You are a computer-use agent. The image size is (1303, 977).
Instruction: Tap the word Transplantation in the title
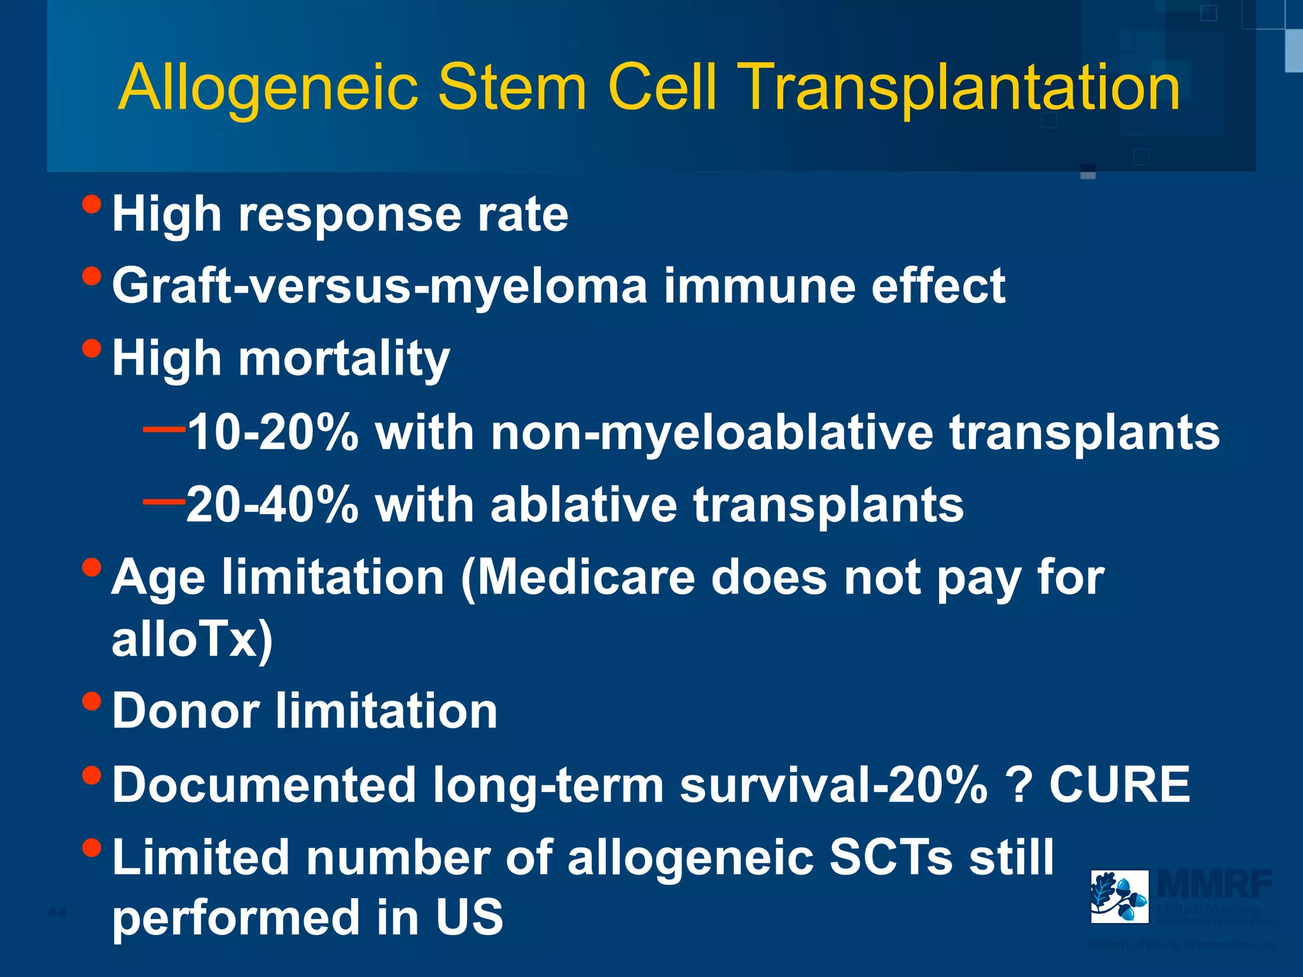pyautogui.click(x=961, y=88)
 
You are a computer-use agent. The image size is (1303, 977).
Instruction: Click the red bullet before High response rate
pyautogui.click(x=92, y=204)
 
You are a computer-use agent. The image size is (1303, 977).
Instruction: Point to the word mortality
pyautogui.click(x=344, y=359)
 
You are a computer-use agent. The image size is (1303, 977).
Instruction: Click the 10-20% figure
pyautogui.click(x=273, y=433)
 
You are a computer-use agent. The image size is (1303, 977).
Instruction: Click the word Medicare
pyautogui.click(x=586, y=578)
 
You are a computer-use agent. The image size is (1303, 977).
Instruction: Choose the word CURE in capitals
pyautogui.click(x=1119, y=784)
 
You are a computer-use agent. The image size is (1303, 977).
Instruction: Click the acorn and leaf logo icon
pyautogui.click(x=1119, y=896)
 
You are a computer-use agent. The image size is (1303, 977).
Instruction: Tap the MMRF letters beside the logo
pyautogui.click(x=1215, y=883)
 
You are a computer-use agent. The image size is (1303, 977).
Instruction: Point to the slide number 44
pyautogui.click(x=57, y=913)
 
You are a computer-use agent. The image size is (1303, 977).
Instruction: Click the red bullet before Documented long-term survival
pyautogui.click(x=92, y=775)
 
